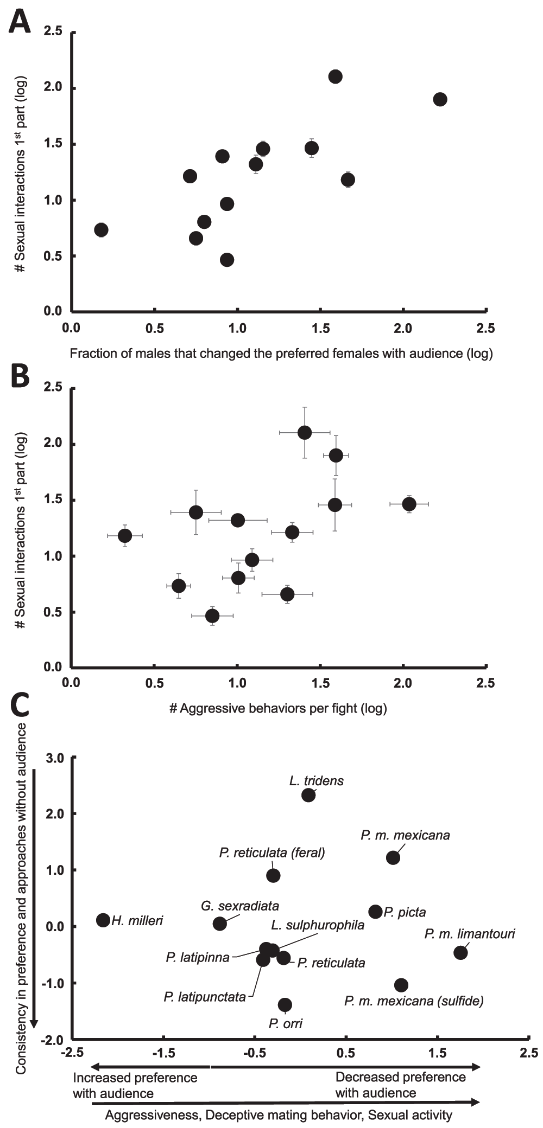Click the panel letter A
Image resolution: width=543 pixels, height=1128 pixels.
tap(20, 21)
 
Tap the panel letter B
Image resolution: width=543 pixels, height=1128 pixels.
tap(20, 375)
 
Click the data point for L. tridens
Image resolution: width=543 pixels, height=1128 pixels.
tap(308, 795)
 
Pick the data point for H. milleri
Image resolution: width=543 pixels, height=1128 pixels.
tap(103, 920)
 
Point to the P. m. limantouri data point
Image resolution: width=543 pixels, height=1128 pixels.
tap(460, 952)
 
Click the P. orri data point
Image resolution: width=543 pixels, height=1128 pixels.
tap(285, 1005)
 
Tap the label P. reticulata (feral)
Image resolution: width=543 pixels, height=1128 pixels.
tap(272, 853)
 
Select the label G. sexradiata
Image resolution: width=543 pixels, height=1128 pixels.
tap(240, 906)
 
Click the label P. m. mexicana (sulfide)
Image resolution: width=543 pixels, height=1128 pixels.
tap(414, 1001)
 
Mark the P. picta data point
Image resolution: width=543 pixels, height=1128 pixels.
tap(375, 912)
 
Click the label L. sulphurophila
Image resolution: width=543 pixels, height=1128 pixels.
tap(318, 925)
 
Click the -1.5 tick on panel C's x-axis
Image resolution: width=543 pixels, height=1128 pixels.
tap(163, 1053)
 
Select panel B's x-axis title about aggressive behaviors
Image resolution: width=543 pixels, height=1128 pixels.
tap(278, 708)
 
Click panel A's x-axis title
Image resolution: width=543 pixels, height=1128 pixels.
tap(281, 354)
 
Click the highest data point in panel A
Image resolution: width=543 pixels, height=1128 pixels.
tap(336, 76)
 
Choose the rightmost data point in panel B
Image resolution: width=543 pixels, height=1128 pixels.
tap(409, 504)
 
